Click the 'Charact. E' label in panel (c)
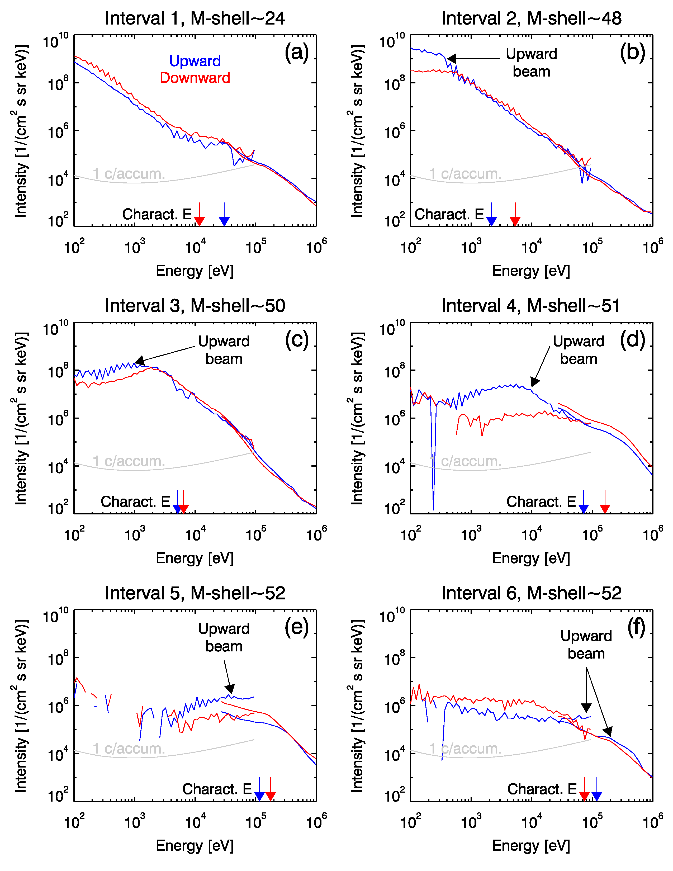pos(135,502)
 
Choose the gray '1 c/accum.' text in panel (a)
pos(129,174)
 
